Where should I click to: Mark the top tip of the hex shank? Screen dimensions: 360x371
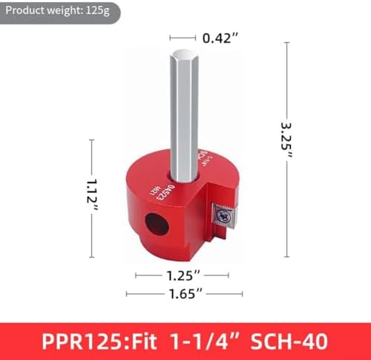click(185, 53)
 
